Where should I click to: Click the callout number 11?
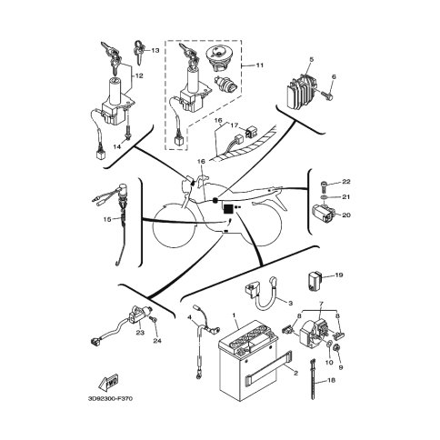coord(260,65)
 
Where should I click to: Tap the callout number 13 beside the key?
coord(155,50)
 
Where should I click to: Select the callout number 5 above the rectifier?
coord(311,59)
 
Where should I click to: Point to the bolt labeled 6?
coord(327,95)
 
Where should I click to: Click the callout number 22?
coord(346,182)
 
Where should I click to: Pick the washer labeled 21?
coord(324,197)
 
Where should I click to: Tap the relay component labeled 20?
coord(323,214)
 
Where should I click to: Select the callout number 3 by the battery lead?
coord(290,303)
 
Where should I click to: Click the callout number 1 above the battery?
coord(234,315)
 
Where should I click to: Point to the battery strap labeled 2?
coord(268,365)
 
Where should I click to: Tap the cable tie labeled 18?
coord(314,379)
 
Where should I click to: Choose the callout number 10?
coord(329,362)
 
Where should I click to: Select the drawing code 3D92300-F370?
coord(110,398)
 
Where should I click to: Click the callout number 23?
coord(140,333)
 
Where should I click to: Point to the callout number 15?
coord(107,219)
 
